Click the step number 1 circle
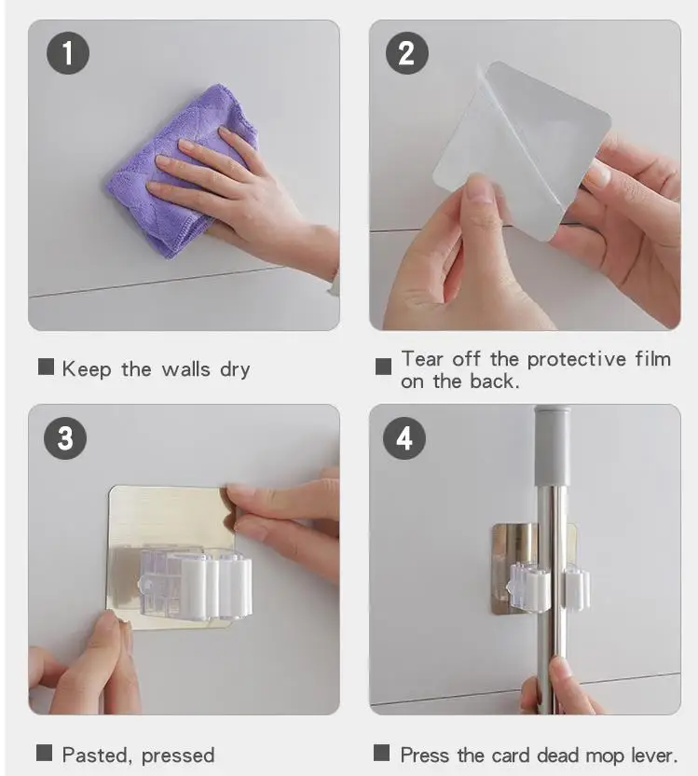(68, 53)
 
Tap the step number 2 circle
(407, 53)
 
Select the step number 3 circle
(65, 438)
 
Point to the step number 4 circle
(404, 438)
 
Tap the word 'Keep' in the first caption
(87, 369)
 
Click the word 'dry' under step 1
(235, 369)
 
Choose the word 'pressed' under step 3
(178, 756)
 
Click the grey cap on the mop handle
(553, 446)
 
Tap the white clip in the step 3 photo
(197, 585)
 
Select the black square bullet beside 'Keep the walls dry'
(46, 367)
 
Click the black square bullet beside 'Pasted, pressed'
(44, 753)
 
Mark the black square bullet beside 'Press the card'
(382, 753)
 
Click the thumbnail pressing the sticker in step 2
(478, 190)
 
